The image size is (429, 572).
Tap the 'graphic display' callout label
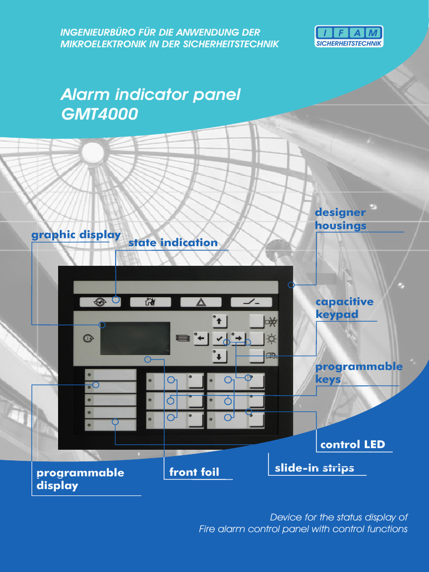pyautogui.click(x=76, y=235)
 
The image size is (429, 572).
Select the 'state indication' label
pyautogui.click(x=173, y=242)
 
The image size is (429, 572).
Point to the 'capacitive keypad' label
pyautogui.click(x=344, y=308)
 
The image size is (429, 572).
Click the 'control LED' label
pyautogui.click(x=352, y=445)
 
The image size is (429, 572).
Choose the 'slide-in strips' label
pyautogui.click(x=314, y=468)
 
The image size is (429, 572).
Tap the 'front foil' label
pyautogui.click(x=194, y=472)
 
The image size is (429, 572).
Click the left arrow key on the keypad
pyautogui.click(x=202, y=339)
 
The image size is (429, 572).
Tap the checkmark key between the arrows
pyautogui.click(x=219, y=339)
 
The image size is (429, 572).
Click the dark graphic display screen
pyautogui.click(x=135, y=338)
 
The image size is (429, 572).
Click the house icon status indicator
pyautogui.click(x=150, y=302)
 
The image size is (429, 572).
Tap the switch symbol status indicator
pyautogui.click(x=251, y=302)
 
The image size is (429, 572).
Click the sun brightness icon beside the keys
pyautogui.click(x=271, y=339)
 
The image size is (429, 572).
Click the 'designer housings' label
pyautogui.click(x=341, y=219)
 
